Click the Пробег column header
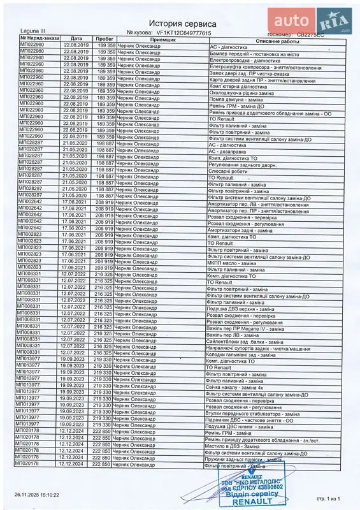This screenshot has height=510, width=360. (105, 38)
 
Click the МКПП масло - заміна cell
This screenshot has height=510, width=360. (232, 263)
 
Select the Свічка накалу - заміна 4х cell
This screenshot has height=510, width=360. (235, 388)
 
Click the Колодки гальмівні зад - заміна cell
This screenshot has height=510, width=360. (241, 354)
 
